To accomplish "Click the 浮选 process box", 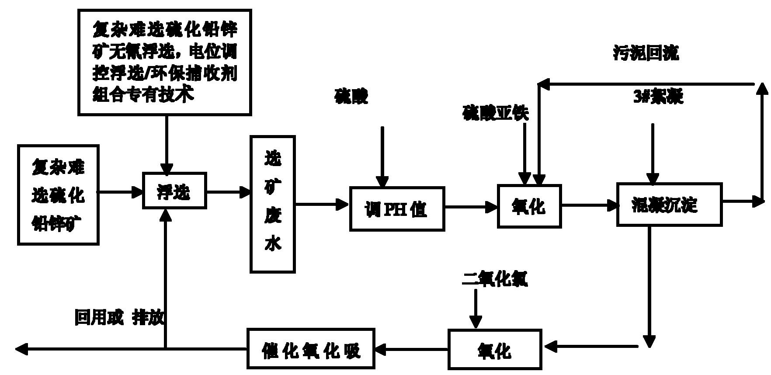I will pyautogui.click(x=174, y=191).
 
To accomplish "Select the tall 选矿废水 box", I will pyautogui.click(x=272, y=204).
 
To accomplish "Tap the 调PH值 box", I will pyautogui.click(x=397, y=209).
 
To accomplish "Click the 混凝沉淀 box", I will pyautogui.click(x=669, y=205).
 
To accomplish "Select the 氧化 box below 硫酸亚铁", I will pyautogui.click(x=529, y=206).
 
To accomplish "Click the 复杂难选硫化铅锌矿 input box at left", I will pyautogui.click(x=58, y=195).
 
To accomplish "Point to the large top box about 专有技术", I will pyautogui.click(x=165, y=62).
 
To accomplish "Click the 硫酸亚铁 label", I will pyautogui.click(x=495, y=113).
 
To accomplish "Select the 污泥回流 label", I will pyautogui.click(x=646, y=54).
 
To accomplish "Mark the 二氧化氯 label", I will pyautogui.click(x=495, y=278).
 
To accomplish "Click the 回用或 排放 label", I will pyautogui.click(x=119, y=317).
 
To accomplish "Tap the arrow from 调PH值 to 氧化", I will pyautogui.click(x=471, y=207).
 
